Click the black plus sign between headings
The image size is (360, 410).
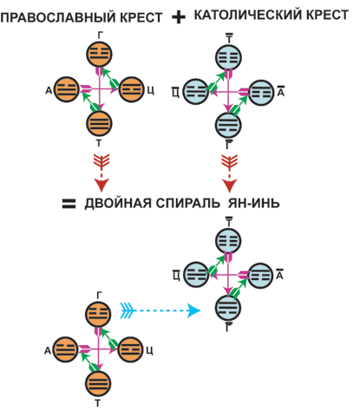point(179,17)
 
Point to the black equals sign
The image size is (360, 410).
point(69,204)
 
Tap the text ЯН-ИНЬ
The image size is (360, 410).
point(254,204)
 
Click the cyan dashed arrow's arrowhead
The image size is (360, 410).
point(193,311)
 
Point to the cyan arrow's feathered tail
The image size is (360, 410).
point(128,311)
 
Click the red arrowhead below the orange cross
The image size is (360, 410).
point(101,185)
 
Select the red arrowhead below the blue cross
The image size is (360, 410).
point(229,185)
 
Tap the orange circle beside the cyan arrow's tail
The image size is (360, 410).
point(98,315)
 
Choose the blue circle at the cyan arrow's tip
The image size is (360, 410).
point(228,308)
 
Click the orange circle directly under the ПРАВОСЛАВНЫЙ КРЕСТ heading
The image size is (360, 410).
point(99,54)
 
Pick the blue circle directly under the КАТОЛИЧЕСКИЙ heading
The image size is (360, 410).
point(228,57)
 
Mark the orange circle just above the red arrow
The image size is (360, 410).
point(99,124)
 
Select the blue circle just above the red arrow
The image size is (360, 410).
point(228,125)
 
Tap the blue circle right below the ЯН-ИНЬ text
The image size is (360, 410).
point(228,241)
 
